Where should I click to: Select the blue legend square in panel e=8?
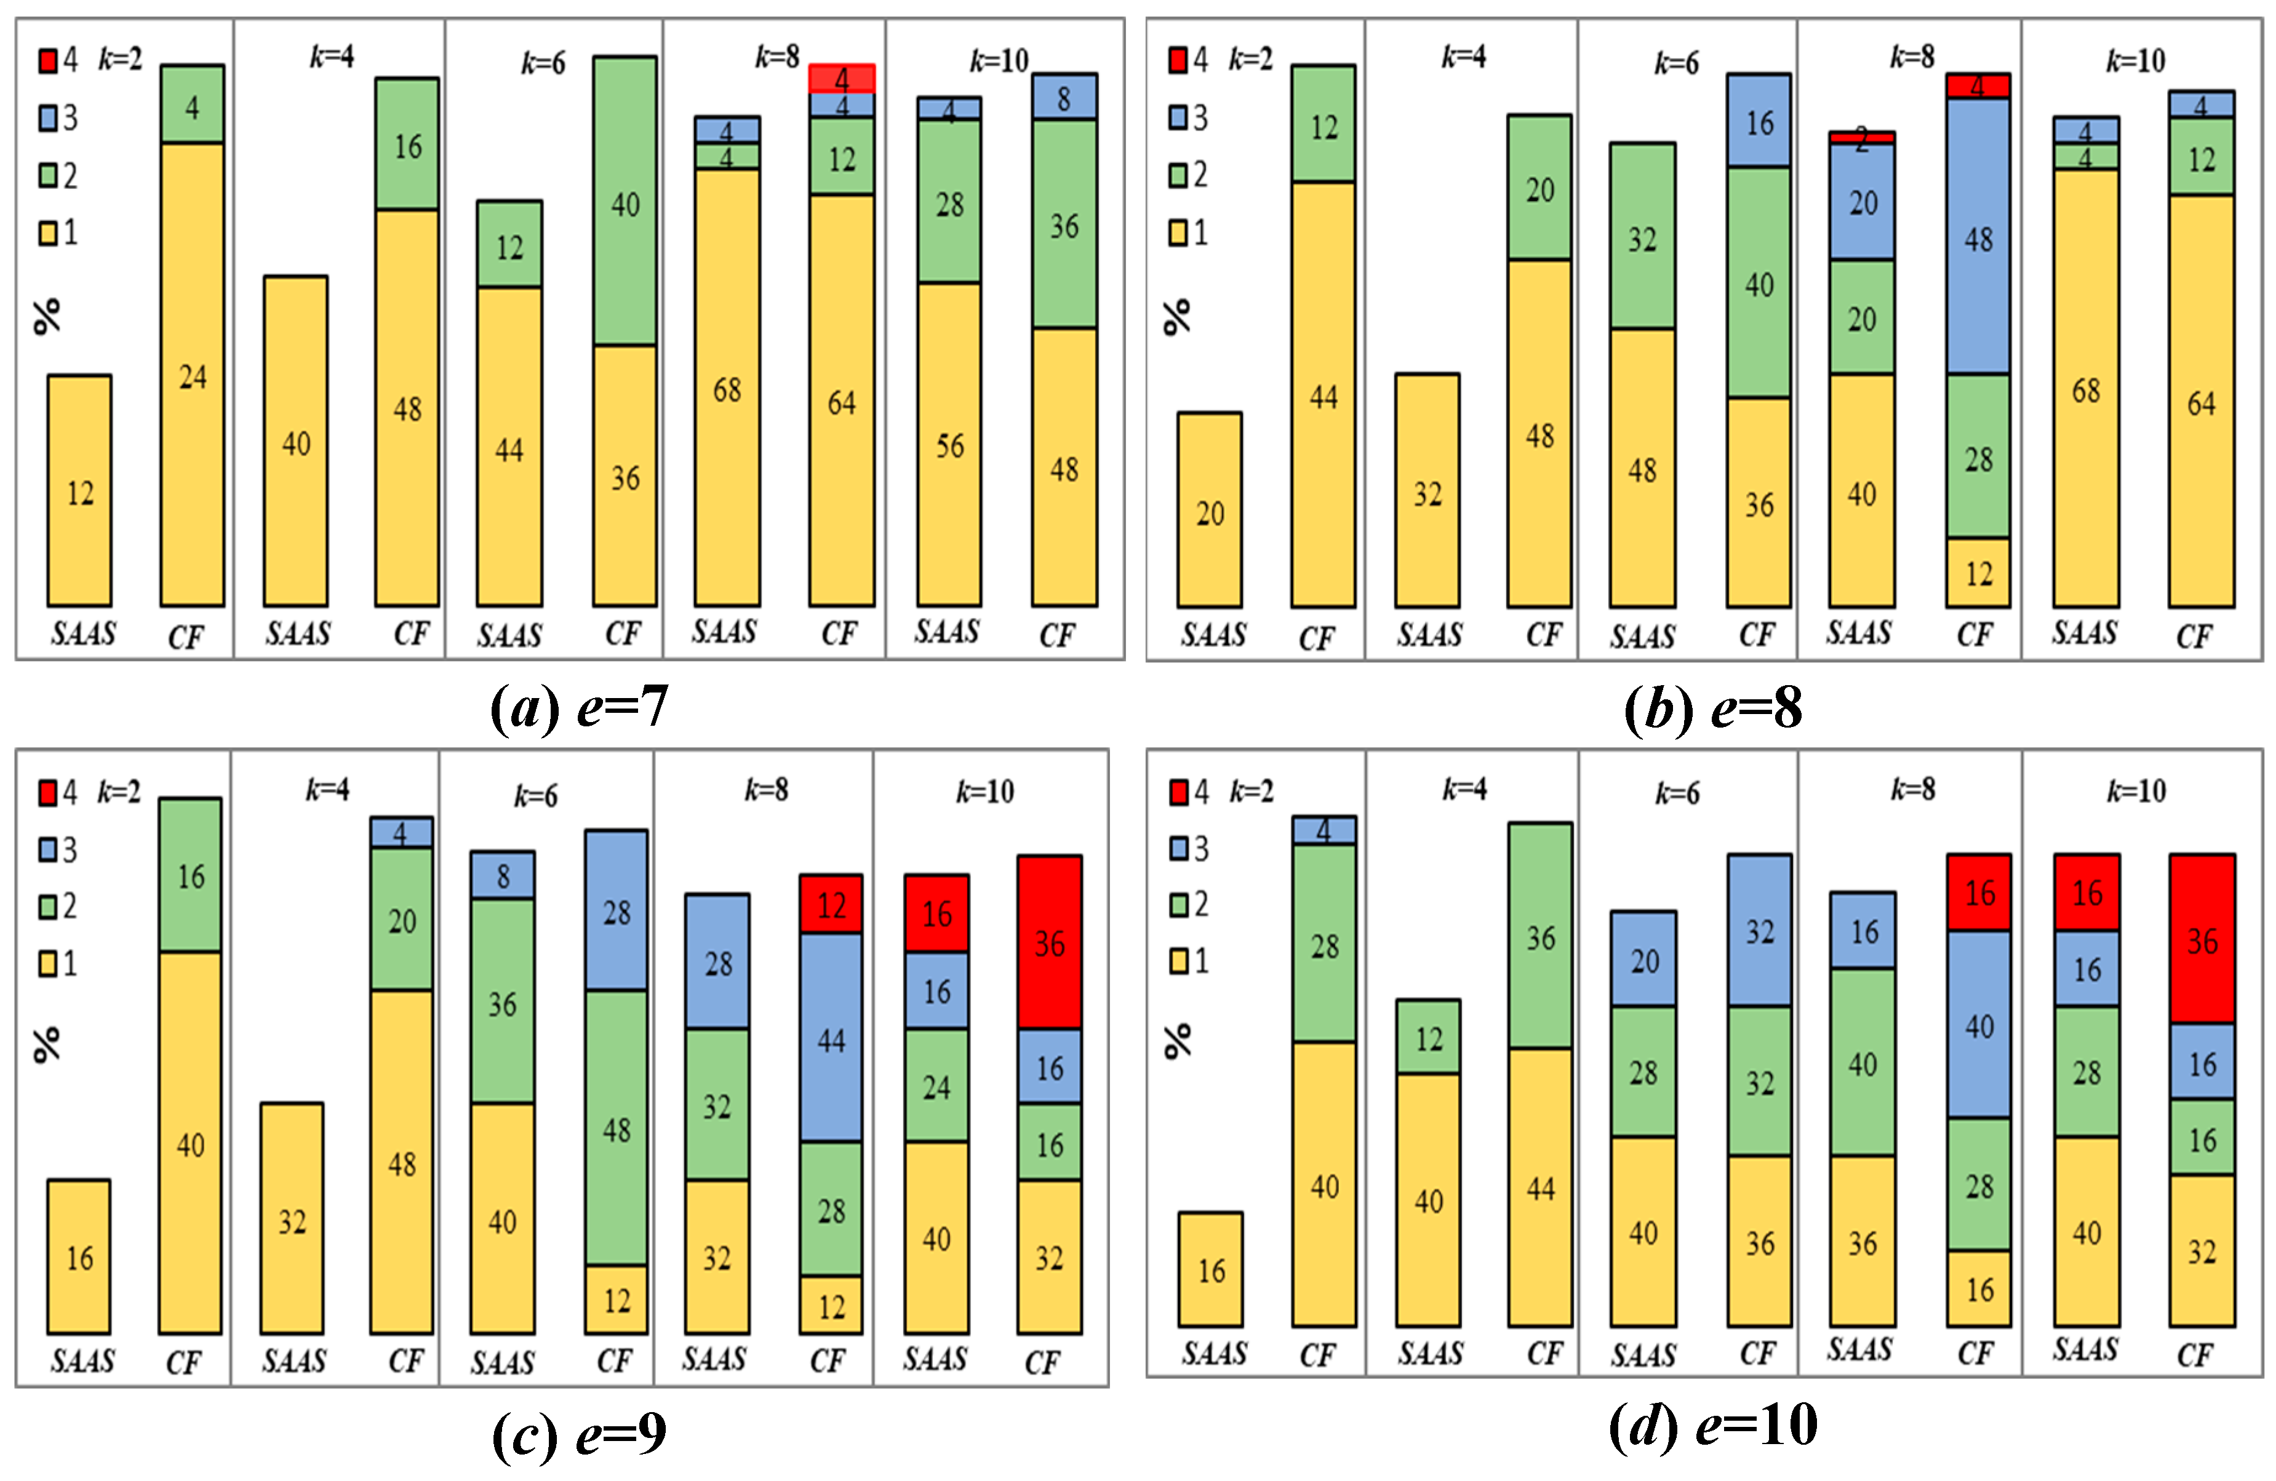pos(1179,117)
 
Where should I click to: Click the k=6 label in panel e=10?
pos(1677,793)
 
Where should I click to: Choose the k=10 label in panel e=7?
pos(999,61)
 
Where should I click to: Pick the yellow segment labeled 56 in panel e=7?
pos(949,445)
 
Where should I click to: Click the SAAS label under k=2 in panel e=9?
pos(82,1360)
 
